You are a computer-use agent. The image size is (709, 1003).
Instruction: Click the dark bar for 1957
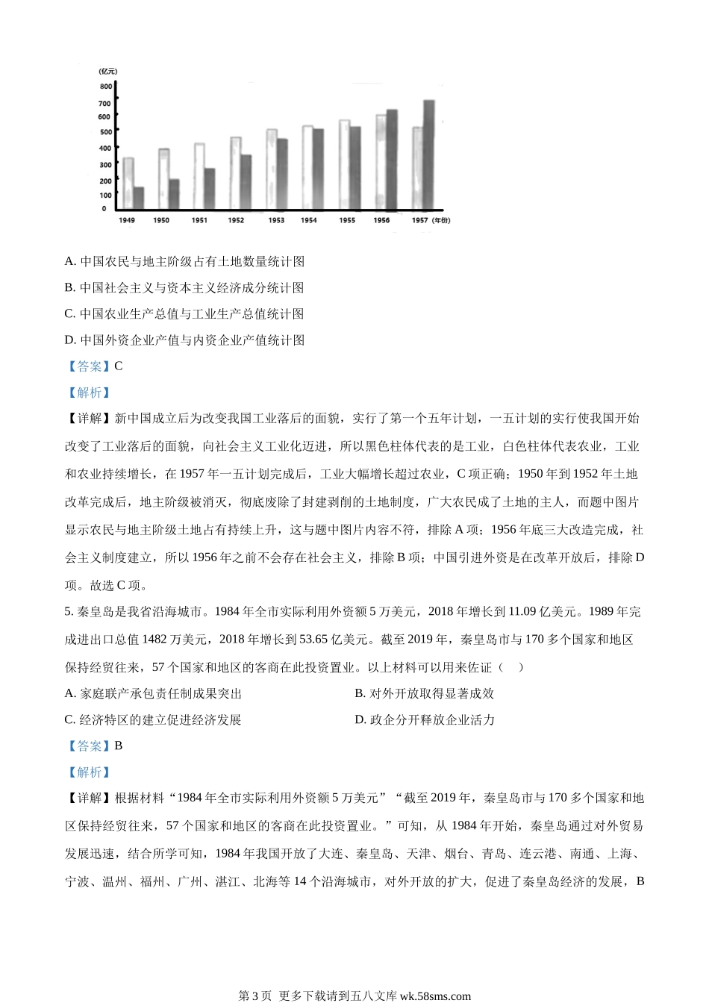tap(428, 154)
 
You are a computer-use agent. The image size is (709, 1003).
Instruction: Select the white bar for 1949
tap(128, 183)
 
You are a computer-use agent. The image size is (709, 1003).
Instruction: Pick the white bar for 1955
tap(344, 164)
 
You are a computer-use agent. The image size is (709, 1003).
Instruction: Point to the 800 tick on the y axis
tap(106, 87)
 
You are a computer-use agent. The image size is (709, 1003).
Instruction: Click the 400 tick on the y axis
tap(106, 149)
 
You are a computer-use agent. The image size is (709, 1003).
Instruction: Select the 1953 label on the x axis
tap(276, 220)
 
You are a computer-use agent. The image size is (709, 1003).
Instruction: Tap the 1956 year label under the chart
tap(381, 220)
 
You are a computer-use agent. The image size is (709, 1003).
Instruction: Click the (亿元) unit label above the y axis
tap(107, 71)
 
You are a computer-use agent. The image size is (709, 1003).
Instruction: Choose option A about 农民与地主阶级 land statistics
tap(184, 262)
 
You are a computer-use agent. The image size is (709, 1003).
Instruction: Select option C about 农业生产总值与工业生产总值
tap(184, 314)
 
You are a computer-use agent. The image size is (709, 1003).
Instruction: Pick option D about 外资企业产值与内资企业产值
tap(184, 340)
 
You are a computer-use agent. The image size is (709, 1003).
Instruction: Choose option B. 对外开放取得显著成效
tap(425, 694)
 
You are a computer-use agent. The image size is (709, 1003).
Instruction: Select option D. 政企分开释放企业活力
tap(425, 720)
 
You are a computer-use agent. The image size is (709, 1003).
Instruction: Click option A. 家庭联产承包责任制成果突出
tap(154, 694)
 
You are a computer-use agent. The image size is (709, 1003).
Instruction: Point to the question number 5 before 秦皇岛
tap(68, 612)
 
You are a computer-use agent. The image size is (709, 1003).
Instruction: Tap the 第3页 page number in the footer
tap(254, 996)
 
